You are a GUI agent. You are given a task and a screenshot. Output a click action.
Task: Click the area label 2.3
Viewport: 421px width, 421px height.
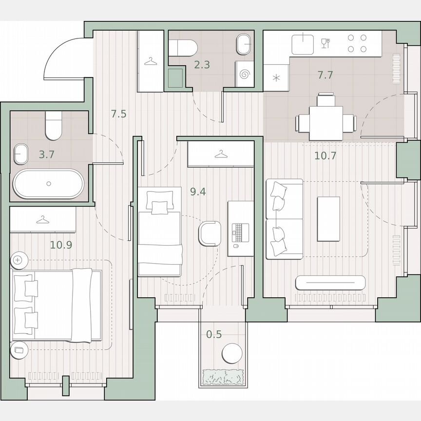201,64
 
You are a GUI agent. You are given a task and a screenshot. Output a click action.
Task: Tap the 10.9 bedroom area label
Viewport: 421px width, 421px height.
61,245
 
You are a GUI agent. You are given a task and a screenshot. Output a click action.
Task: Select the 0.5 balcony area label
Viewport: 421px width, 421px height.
214,334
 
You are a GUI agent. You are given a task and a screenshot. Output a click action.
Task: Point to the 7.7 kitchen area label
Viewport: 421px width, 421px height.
325,75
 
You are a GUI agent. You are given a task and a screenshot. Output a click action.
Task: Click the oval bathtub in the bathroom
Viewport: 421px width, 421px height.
48,184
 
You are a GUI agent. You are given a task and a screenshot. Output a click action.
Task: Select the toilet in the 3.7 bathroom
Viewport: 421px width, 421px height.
53,126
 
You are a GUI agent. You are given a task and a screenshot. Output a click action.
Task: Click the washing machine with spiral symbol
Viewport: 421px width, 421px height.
246,74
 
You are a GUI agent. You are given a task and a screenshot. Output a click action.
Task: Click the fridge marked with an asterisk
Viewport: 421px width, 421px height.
276,78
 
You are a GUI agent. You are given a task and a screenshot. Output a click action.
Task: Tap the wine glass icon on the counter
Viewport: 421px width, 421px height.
325,43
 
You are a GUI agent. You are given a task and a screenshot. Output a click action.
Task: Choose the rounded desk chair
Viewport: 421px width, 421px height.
210,233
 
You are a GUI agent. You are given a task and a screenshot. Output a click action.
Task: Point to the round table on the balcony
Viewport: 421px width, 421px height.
231,353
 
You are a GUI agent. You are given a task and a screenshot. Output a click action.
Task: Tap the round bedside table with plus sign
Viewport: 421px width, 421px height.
19,260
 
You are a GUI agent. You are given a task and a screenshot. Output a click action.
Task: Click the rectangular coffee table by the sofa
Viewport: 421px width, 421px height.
328,219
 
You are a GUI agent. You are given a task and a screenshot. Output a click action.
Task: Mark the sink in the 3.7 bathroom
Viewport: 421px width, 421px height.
21,154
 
